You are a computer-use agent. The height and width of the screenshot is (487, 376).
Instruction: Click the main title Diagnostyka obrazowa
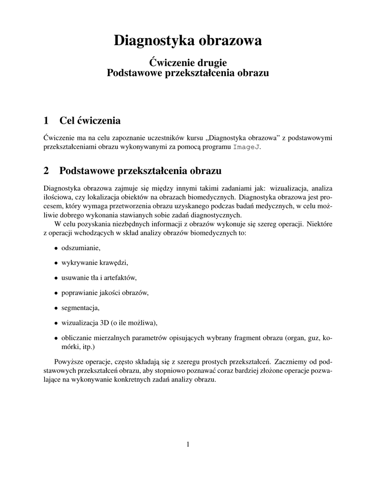[x=188, y=41]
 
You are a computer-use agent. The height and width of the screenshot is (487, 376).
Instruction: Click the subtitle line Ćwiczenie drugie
[x=188, y=62]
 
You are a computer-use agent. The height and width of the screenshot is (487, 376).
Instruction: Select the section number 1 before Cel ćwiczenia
[x=46, y=119]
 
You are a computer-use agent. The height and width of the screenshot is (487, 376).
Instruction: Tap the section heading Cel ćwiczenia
[x=90, y=119]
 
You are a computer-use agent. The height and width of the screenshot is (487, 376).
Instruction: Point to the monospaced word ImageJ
[x=246, y=147]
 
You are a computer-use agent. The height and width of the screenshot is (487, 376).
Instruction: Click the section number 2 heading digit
[x=46, y=170]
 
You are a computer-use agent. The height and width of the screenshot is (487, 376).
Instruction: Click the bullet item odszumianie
[x=81, y=248]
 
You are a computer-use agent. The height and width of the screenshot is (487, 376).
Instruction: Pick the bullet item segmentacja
[x=80, y=308]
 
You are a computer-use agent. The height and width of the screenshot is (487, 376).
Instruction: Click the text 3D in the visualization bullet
[x=104, y=322]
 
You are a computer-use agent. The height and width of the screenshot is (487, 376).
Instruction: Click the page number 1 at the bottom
[x=188, y=445]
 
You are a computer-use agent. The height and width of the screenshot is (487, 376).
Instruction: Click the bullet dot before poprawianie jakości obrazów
[x=56, y=293]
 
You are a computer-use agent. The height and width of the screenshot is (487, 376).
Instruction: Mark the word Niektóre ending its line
[x=319, y=224]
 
